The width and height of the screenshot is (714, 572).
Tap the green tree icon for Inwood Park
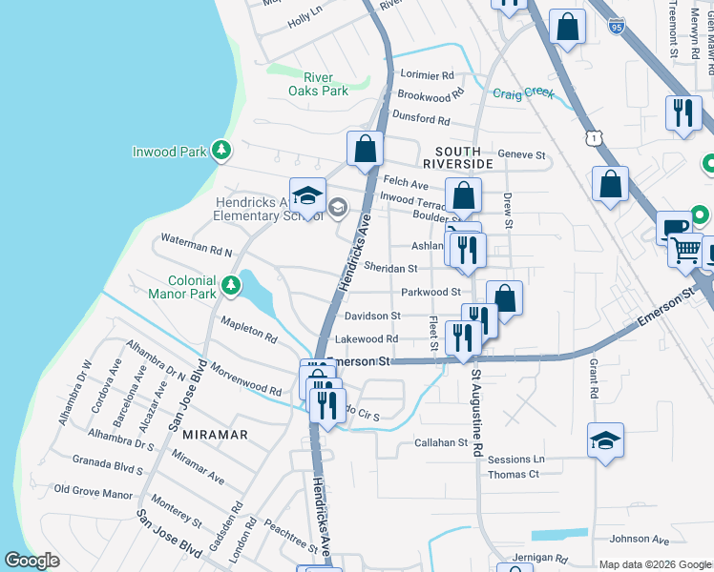point(221,151)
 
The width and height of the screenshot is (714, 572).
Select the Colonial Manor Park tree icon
point(230,285)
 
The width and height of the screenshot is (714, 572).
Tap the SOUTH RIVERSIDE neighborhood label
point(464,157)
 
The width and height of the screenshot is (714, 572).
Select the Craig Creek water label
point(523,92)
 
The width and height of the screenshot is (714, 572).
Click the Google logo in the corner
point(32,561)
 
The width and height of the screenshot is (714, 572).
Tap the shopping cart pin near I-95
point(685,251)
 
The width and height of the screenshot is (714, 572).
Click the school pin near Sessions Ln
point(605,440)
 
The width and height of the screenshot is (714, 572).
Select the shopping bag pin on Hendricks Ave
point(365,149)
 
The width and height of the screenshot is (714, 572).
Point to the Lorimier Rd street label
point(428,75)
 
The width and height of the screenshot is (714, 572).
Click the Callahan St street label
point(440,442)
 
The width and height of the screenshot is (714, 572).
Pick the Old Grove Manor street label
point(93,493)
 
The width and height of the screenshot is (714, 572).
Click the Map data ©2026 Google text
point(654,564)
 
